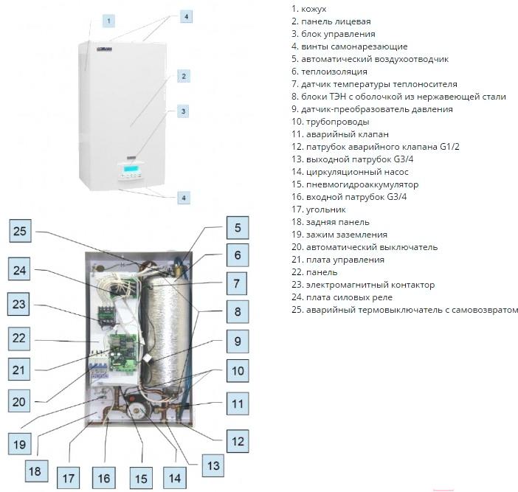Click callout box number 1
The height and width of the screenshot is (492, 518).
pyautogui.click(x=108, y=21)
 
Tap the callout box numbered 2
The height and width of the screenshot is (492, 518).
pyautogui.click(x=184, y=76)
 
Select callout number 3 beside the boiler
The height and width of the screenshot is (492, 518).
pyautogui.click(x=184, y=111)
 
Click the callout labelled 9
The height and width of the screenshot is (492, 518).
pyautogui.click(x=238, y=342)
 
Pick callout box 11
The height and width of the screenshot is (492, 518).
pyautogui.click(x=238, y=403)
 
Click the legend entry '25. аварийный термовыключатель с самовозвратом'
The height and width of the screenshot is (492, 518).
pyautogui.click(x=404, y=310)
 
